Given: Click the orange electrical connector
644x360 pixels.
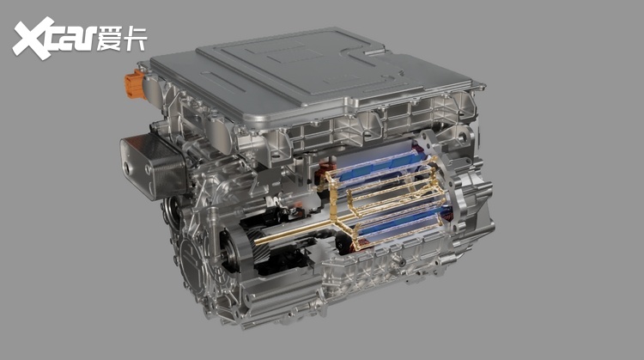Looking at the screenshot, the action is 134,85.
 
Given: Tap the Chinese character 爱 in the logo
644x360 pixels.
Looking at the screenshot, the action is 110,38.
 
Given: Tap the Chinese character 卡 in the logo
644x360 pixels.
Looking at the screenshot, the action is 135,38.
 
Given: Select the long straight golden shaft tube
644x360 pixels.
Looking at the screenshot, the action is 295,230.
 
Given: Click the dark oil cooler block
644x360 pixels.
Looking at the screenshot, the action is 153,165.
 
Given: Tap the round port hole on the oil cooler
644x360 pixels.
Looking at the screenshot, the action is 126,168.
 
